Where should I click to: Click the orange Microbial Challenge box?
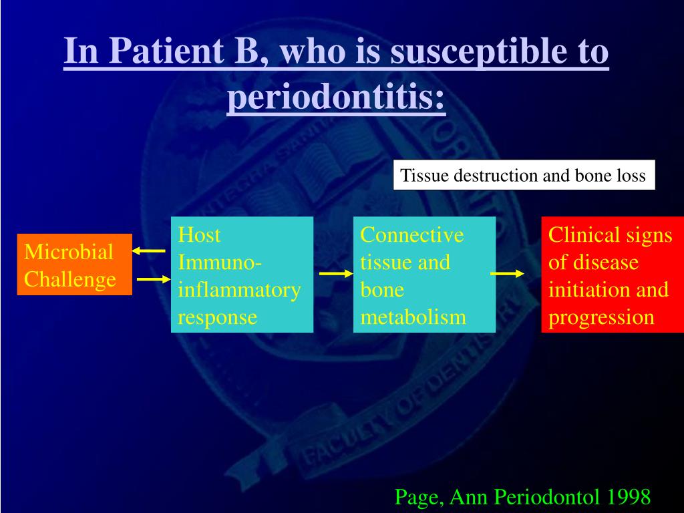(x=75, y=265)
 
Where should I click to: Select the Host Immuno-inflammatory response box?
(x=242, y=275)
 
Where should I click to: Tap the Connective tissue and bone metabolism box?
(x=424, y=275)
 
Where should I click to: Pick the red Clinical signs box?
(x=613, y=275)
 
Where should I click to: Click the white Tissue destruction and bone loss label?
(x=524, y=175)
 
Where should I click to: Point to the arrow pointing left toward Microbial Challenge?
(x=149, y=251)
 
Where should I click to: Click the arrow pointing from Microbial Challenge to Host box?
(x=154, y=279)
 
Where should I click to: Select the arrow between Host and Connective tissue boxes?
(x=336, y=273)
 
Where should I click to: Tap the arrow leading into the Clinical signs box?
(x=507, y=273)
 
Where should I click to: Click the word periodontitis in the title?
(x=336, y=97)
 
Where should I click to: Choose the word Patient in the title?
(x=166, y=51)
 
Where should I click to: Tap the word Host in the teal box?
(x=199, y=234)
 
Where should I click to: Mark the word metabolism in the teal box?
(x=413, y=317)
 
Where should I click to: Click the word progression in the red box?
(x=601, y=318)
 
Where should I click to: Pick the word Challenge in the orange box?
(x=69, y=280)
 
